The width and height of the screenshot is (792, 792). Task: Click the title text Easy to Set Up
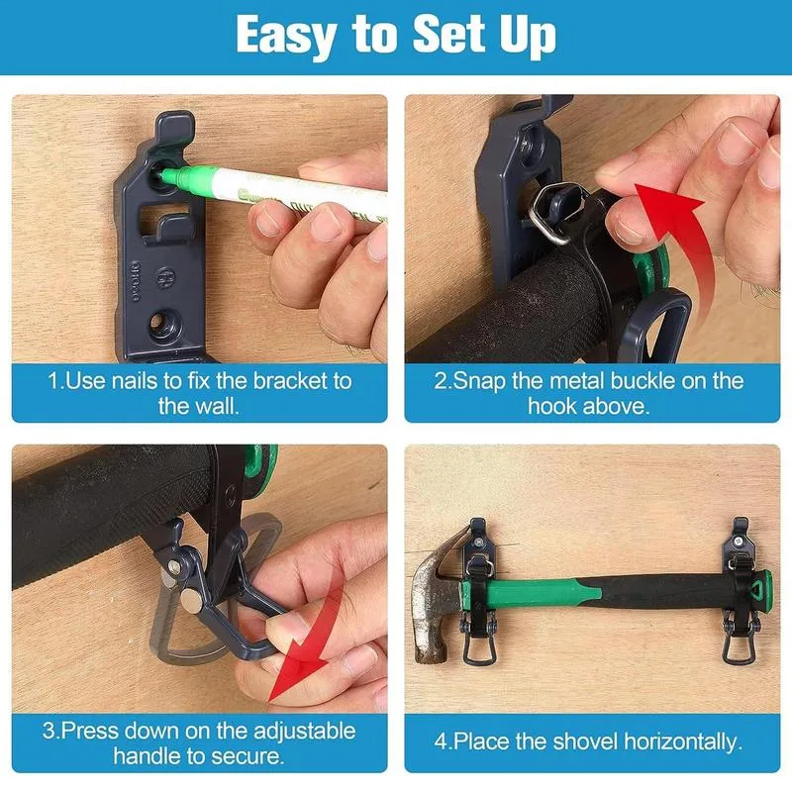pos(396,37)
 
